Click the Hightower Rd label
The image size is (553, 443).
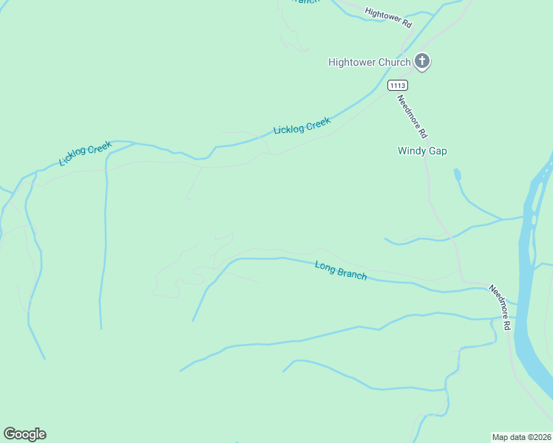click(x=388, y=18)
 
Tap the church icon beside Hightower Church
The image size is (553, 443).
click(x=421, y=62)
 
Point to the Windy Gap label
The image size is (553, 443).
click(x=422, y=151)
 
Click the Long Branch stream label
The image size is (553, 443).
click(x=341, y=271)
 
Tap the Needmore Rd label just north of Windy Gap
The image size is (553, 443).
click(x=413, y=117)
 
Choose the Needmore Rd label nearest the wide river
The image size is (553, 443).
click(x=500, y=307)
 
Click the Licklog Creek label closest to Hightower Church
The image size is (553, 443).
click(x=302, y=126)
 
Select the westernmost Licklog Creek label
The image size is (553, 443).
click(x=85, y=154)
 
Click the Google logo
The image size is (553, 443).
click(x=24, y=434)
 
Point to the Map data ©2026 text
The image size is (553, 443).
click(x=521, y=436)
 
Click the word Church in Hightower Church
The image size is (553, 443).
click(x=395, y=63)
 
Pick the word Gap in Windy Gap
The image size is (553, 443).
click(x=437, y=151)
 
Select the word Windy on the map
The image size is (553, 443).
click(x=412, y=151)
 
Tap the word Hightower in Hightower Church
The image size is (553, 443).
click(x=352, y=63)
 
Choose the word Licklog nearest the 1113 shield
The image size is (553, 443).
click(x=289, y=130)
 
